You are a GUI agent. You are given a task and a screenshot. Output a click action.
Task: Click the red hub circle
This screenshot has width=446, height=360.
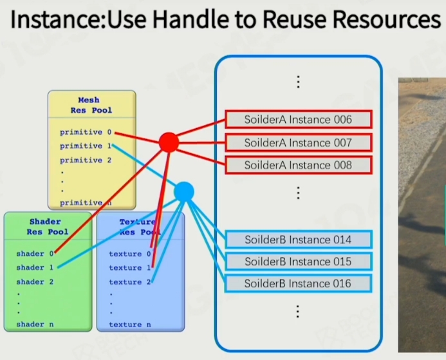click(168, 142)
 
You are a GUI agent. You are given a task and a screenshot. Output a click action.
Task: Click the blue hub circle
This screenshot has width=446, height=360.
click(184, 191)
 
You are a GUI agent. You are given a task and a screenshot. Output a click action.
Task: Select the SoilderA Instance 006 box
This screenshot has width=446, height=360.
click(298, 120)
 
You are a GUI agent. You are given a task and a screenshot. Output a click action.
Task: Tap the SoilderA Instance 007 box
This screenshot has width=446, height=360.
click(298, 142)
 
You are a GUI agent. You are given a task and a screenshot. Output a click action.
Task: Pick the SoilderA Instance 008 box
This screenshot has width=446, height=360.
click(298, 165)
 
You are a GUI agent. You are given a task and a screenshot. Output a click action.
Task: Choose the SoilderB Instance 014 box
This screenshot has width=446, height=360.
click(298, 240)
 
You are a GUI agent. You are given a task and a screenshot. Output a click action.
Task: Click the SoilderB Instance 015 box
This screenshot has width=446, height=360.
click(298, 261)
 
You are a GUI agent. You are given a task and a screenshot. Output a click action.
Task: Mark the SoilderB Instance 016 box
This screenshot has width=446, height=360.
click(298, 283)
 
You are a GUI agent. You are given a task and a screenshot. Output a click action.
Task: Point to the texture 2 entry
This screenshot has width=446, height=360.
click(129, 282)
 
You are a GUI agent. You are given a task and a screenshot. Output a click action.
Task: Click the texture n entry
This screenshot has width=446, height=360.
click(129, 324)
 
